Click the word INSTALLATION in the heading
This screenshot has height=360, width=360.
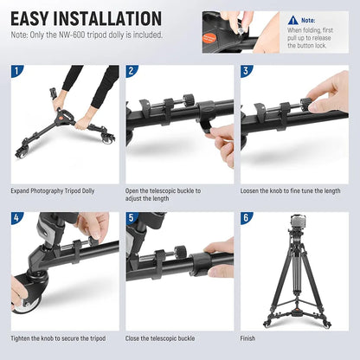pos(111,19)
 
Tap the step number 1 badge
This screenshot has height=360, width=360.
pos(17,72)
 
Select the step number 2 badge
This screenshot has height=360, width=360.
pos(132,72)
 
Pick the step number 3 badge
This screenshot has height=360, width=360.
pos(247,72)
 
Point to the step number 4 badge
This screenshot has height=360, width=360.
pos(17,219)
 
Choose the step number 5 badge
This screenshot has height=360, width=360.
pos(132,219)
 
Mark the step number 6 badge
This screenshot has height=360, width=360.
pos(247,219)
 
